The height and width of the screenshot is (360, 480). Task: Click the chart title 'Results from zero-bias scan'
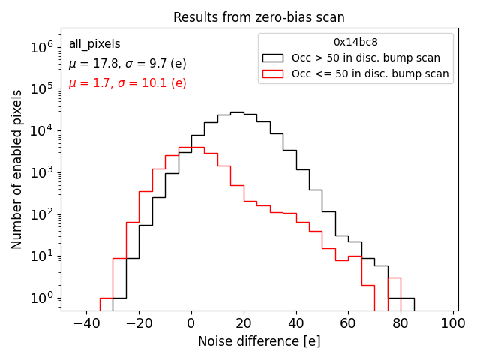(x=259, y=17)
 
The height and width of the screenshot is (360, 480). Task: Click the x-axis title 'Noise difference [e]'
(x=259, y=341)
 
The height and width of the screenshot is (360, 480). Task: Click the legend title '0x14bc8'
(x=355, y=43)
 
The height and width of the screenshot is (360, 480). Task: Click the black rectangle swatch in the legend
(x=273, y=58)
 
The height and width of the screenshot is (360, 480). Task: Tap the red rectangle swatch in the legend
(x=273, y=73)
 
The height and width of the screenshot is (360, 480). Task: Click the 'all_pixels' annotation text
(x=94, y=44)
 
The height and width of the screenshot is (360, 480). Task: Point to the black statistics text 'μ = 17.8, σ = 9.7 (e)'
(x=127, y=64)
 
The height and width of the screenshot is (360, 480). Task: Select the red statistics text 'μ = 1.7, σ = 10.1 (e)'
(x=127, y=83)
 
